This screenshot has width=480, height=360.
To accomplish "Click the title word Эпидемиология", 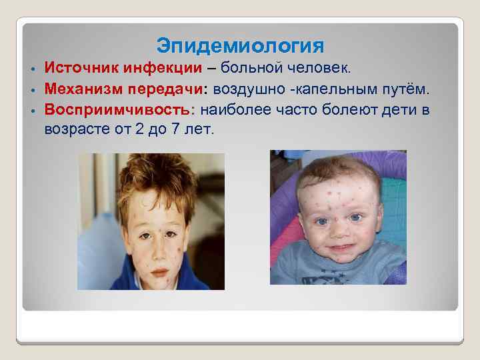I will pyautogui.click(x=240, y=46).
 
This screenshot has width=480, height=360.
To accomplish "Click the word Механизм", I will pyautogui.click(x=79, y=88).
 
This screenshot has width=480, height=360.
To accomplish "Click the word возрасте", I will pyautogui.click(x=74, y=128).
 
